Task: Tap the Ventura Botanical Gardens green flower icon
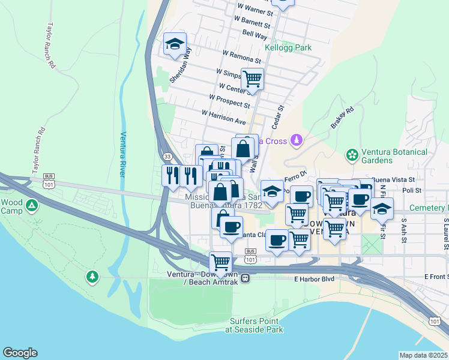(x=352, y=156)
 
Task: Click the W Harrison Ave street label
(x=223, y=117)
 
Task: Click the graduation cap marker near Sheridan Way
(x=175, y=44)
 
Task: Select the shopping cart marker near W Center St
(x=252, y=78)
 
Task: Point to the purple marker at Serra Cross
(x=295, y=140)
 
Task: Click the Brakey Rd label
(x=342, y=118)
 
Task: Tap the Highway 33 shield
(x=166, y=157)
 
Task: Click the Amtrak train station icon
(x=245, y=278)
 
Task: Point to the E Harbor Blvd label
(x=313, y=278)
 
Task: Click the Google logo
(x=20, y=353)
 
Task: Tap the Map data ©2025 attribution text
(x=424, y=355)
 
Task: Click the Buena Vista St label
(x=393, y=179)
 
